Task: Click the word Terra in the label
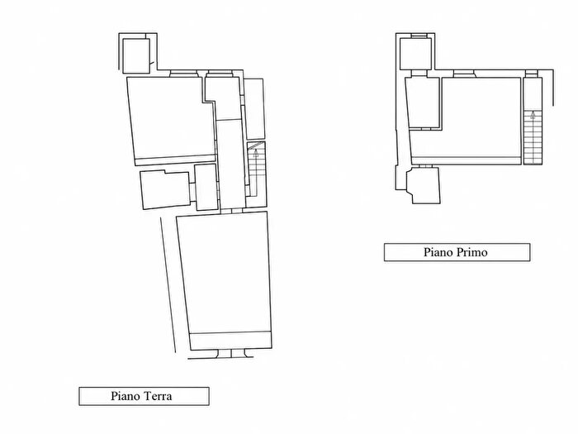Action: tap(157, 396)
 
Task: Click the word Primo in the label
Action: tap(471, 252)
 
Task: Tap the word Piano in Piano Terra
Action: tap(126, 396)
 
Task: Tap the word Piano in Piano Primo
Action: tap(438, 252)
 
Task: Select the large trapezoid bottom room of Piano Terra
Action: tap(225, 281)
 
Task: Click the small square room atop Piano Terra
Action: tap(136, 55)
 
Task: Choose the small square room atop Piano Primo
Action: tap(415, 54)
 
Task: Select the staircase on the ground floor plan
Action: tap(256, 169)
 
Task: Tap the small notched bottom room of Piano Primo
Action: tap(423, 185)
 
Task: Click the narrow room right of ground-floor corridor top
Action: tap(254, 109)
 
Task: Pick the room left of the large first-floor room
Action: tap(423, 103)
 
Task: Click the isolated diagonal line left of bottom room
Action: tap(168, 285)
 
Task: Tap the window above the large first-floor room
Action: tap(464, 74)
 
